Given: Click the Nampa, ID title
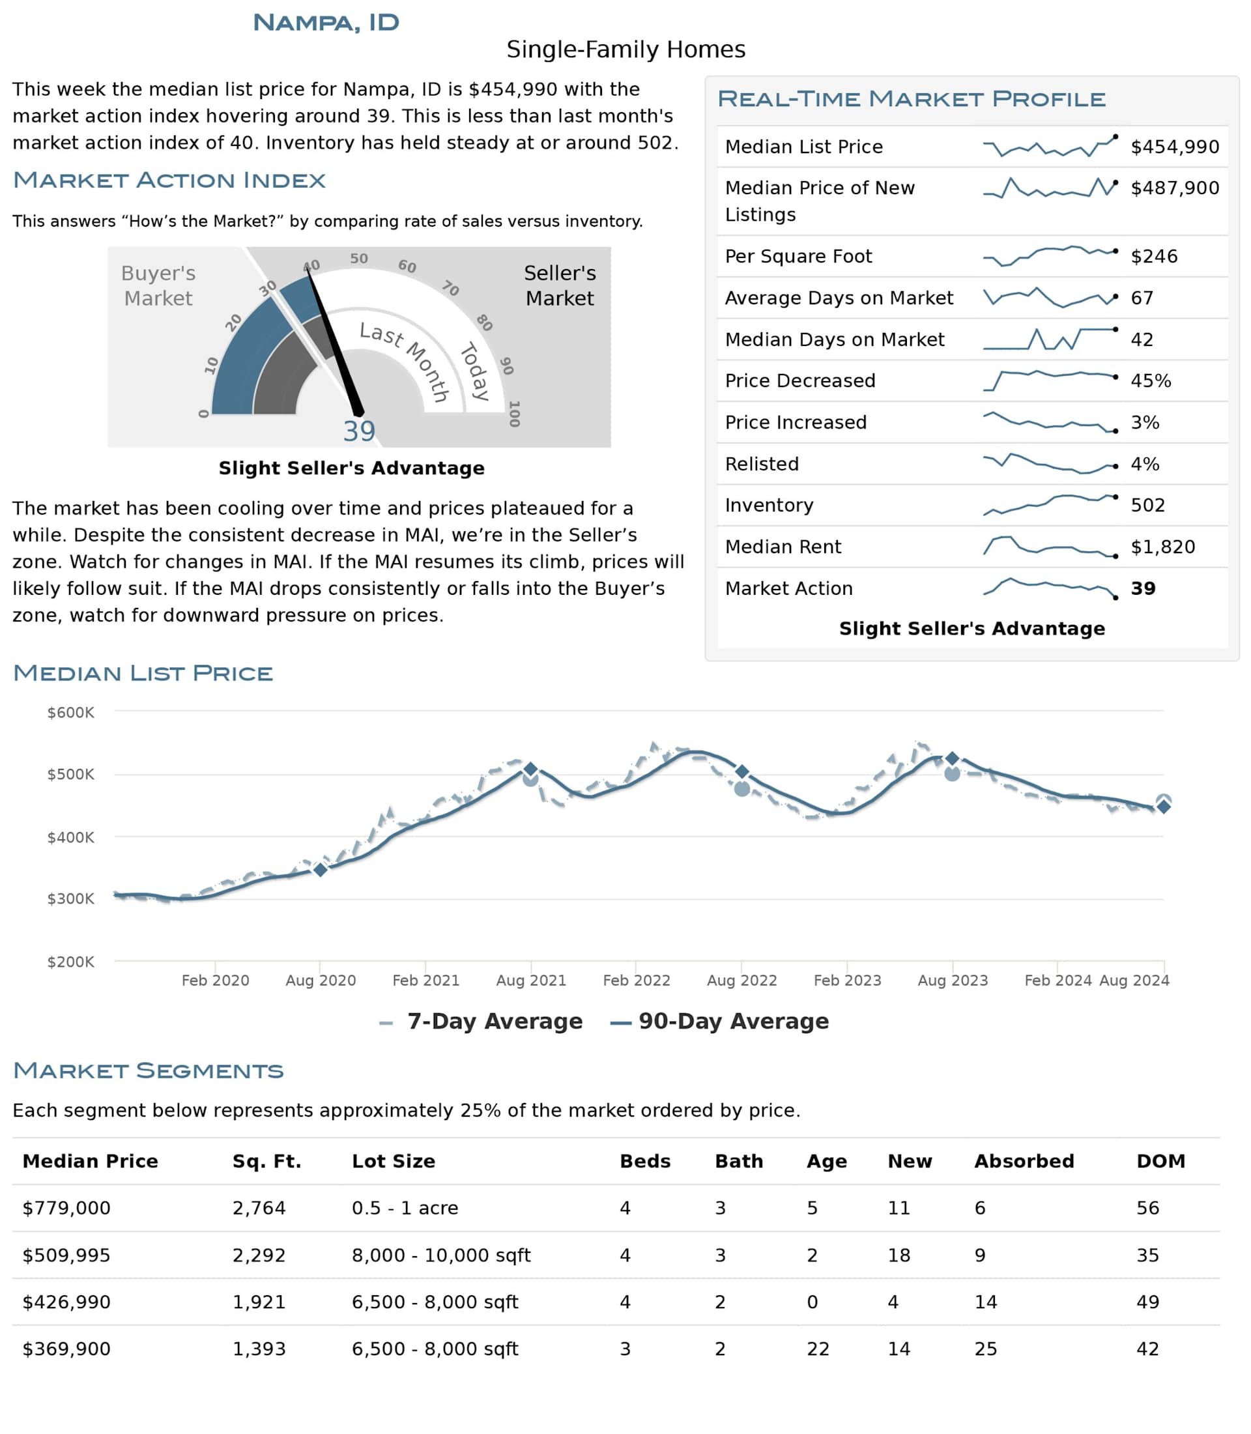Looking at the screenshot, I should pos(326,22).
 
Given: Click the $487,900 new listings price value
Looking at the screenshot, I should pos(1174,188).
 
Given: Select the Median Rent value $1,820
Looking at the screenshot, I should pos(1162,547).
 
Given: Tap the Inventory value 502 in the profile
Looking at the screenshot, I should pos(1147,505).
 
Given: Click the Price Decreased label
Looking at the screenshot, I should pos(799,380).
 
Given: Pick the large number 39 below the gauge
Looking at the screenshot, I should pos(359,431).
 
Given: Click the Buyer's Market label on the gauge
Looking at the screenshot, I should pos(158,285).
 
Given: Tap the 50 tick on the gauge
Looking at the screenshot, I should pos(359,258).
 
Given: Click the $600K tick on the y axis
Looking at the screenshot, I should pos(70,712).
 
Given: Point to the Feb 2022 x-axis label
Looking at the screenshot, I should pos(636,980).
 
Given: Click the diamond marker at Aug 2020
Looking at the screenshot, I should pos(320,869).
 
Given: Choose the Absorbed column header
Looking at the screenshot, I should pos(1024,1161).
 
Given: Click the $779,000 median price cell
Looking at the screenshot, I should pos(66,1208).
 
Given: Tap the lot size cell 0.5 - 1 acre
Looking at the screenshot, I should pos(405,1208).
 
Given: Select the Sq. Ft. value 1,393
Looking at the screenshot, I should pos(259,1349).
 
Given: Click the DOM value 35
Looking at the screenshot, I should pos(1147,1255).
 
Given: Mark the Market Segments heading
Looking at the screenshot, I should pos(148,1070).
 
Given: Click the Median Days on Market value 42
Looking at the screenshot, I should pos(1142,339).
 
